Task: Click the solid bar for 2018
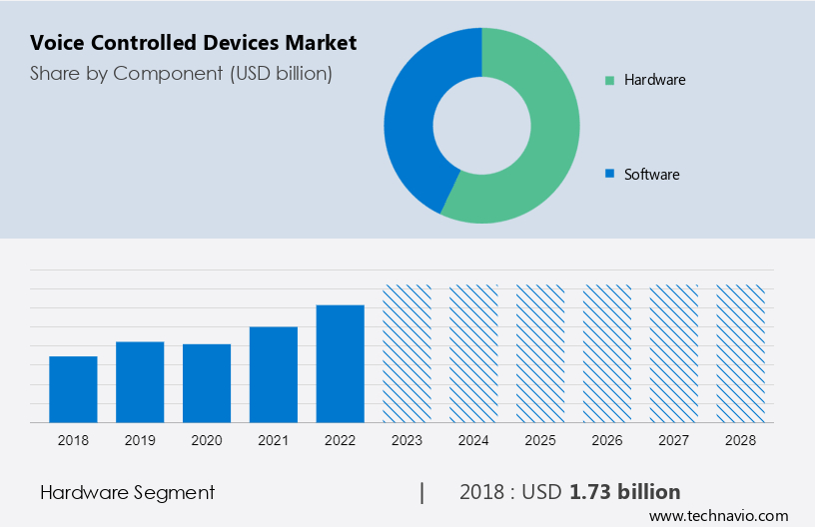click(73, 389)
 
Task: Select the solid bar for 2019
click(140, 382)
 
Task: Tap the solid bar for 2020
click(207, 383)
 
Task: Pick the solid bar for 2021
click(274, 374)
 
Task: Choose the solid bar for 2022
click(341, 363)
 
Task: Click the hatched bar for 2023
click(407, 353)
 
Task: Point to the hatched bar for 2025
click(540, 353)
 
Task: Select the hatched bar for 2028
click(741, 353)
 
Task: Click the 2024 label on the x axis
click(473, 440)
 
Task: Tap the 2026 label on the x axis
click(607, 440)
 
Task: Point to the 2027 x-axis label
click(674, 440)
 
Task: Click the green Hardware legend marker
click(608, 80)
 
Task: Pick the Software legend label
click(651, 175)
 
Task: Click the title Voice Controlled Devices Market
click(193, 43)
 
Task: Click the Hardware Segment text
click(127, 492)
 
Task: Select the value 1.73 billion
click(625, 492)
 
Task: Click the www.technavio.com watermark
click(718, 516)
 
